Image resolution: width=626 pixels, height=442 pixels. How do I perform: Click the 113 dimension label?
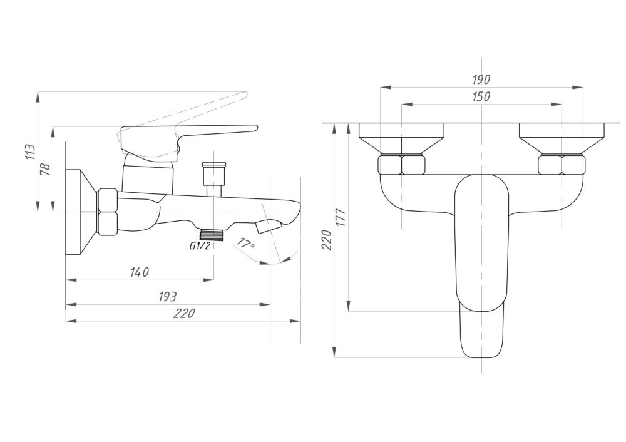click(31, 152)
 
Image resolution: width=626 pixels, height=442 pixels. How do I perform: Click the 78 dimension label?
click(46, 169)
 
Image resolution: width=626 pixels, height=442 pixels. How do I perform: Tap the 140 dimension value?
click(140, 272)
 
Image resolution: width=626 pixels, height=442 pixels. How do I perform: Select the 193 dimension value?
click(167, 297)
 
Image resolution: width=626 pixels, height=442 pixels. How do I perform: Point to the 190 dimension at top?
click(481, 80)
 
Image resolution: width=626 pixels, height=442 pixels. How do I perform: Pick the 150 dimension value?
click(481, 97)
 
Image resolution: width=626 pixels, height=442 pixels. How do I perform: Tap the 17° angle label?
click(245, 243)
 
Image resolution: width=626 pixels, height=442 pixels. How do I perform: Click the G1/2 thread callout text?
click(200, 246)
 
